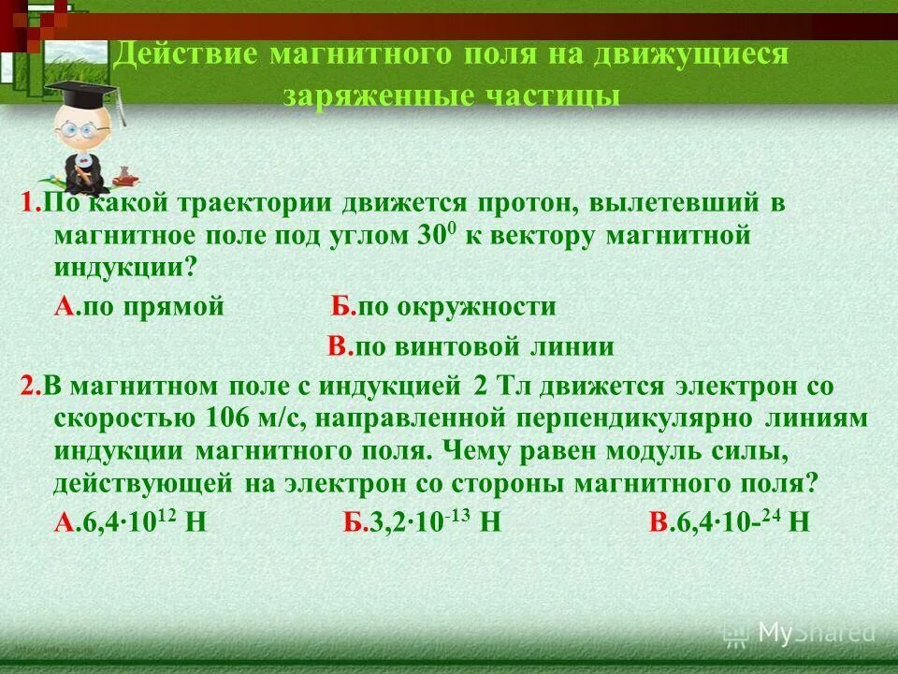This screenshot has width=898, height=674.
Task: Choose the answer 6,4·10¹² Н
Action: [x=130, y=523]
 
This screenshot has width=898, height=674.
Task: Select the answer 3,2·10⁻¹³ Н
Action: [x=422, y=523]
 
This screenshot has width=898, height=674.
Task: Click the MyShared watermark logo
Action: [x=801, y=634]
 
